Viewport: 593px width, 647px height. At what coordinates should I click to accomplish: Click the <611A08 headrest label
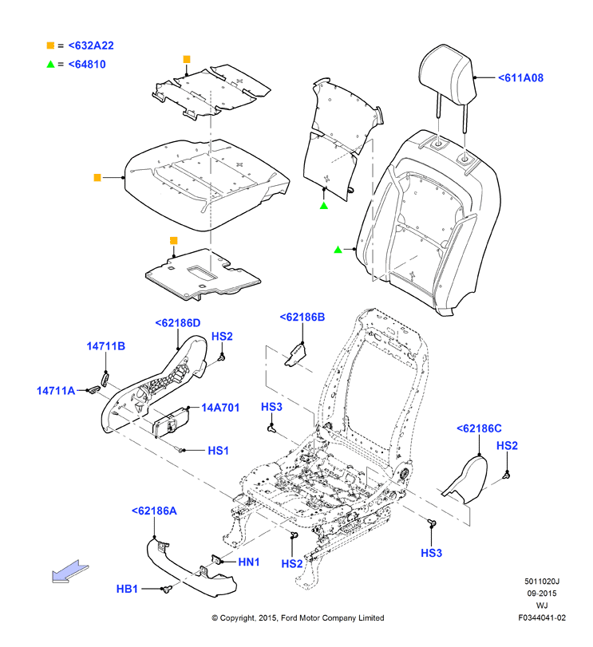[x=520, y=78]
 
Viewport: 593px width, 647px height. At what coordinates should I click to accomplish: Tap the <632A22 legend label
[x=91, y=45]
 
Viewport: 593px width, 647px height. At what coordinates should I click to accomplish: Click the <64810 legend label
[x=87, y=65]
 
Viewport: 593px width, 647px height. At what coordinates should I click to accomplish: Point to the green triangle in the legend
[x=50, y=64]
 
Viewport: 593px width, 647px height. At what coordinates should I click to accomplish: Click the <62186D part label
[x=177, y=323]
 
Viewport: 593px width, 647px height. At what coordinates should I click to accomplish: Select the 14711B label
[x=105, y=346]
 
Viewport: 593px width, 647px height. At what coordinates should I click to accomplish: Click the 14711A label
[x=56, y=391]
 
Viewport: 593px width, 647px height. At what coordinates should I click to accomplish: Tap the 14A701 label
[x=220, y=408]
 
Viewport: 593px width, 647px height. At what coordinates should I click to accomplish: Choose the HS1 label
[x=219, y=451]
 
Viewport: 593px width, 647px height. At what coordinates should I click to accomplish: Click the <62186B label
[x=302, y=317]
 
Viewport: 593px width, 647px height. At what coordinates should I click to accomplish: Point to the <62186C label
[x=479, y=428]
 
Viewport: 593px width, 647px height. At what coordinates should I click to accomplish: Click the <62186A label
[x=154, y=511]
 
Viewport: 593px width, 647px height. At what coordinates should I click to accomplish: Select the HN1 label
[x=249, y=562]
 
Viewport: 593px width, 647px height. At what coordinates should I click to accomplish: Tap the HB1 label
[x=127, y=590]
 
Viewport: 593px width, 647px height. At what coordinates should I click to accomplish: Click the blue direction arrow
[x=69, y=572]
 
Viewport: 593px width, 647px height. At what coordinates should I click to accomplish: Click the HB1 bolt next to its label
[x=167, y=589]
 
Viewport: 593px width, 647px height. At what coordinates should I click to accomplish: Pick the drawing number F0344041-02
[x=542, y=618]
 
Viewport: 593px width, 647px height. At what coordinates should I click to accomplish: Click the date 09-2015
[x=542, y=594]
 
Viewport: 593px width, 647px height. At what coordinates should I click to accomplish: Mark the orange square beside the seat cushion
[x=97, y=177]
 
